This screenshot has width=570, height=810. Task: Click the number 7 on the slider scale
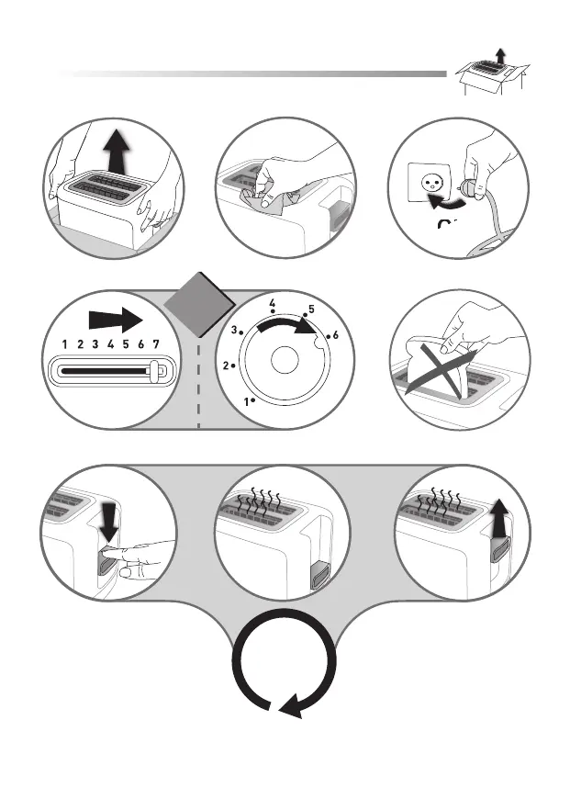(156, 345)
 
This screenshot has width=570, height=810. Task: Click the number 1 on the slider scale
(64, 345)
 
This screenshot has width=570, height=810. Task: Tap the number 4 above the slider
(110, 345)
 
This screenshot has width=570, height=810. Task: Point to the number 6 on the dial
(336, 335)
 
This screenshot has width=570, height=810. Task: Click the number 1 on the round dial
(246, 401)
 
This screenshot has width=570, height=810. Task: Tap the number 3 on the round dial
(234, 330)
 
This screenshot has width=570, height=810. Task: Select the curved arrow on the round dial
(290, 325)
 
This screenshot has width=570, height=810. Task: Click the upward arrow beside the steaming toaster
(499, 520)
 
